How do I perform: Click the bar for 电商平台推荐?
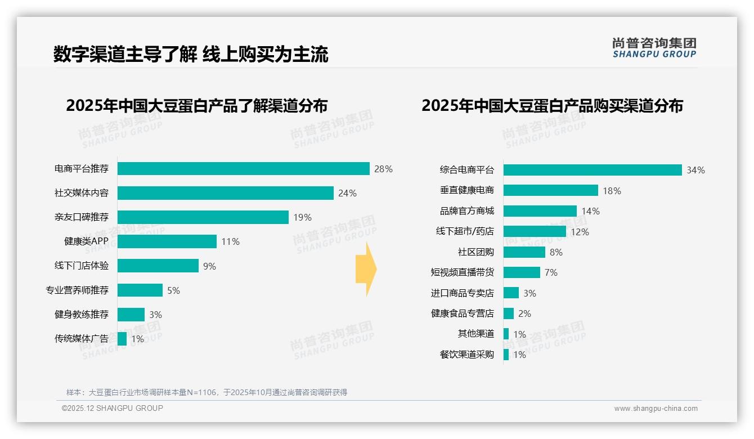coord(243,169)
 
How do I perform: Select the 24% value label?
coord(347,193)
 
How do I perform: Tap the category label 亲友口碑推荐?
coord(81,217)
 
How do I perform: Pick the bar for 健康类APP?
coord(167,241)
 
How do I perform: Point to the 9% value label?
coord(209,266)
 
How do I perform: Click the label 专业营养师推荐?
coord(77,290)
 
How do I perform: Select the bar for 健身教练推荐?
coord(131,315)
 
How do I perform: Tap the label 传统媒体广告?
coord(81,339)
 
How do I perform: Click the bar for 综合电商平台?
coord(593,170)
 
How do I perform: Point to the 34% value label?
coord(695,170)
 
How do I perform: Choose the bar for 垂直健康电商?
coord(550,190)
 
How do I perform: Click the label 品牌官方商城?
coord(466,211)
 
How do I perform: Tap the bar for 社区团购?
coord(524,252)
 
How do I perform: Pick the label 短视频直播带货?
coord(462,272)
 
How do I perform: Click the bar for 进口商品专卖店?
coord(511,293)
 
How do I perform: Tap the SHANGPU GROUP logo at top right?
coord(654,48)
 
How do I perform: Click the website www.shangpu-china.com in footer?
coord(656,409)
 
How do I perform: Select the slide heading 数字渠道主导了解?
coord(125,55)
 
